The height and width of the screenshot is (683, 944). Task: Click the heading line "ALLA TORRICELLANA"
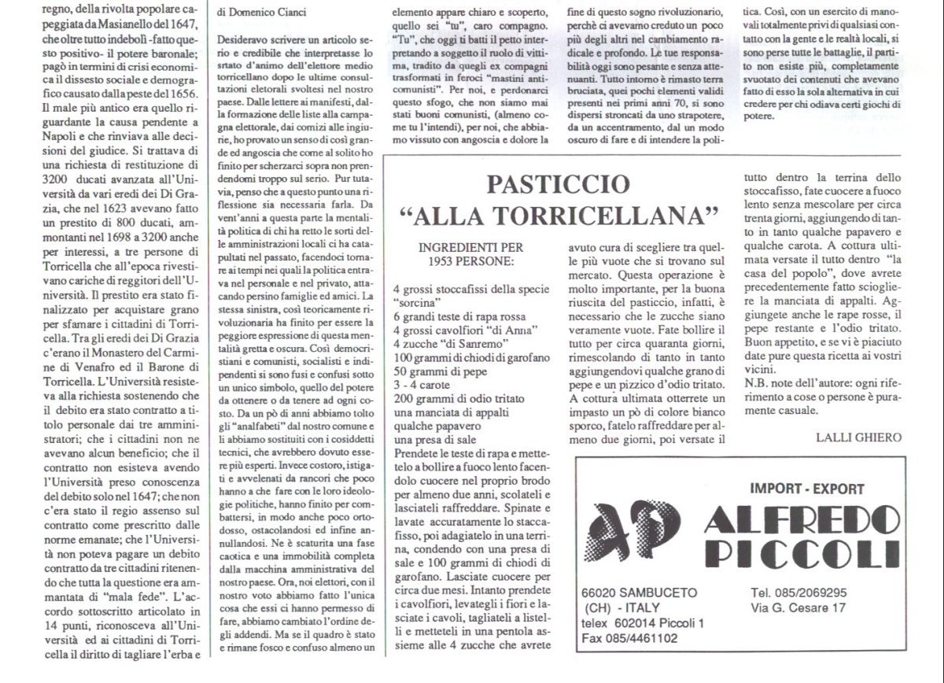tap(559, 215)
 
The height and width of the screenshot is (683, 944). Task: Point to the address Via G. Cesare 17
tap(798, 607)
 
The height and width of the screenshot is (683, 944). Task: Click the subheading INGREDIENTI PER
tap(471, 246)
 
